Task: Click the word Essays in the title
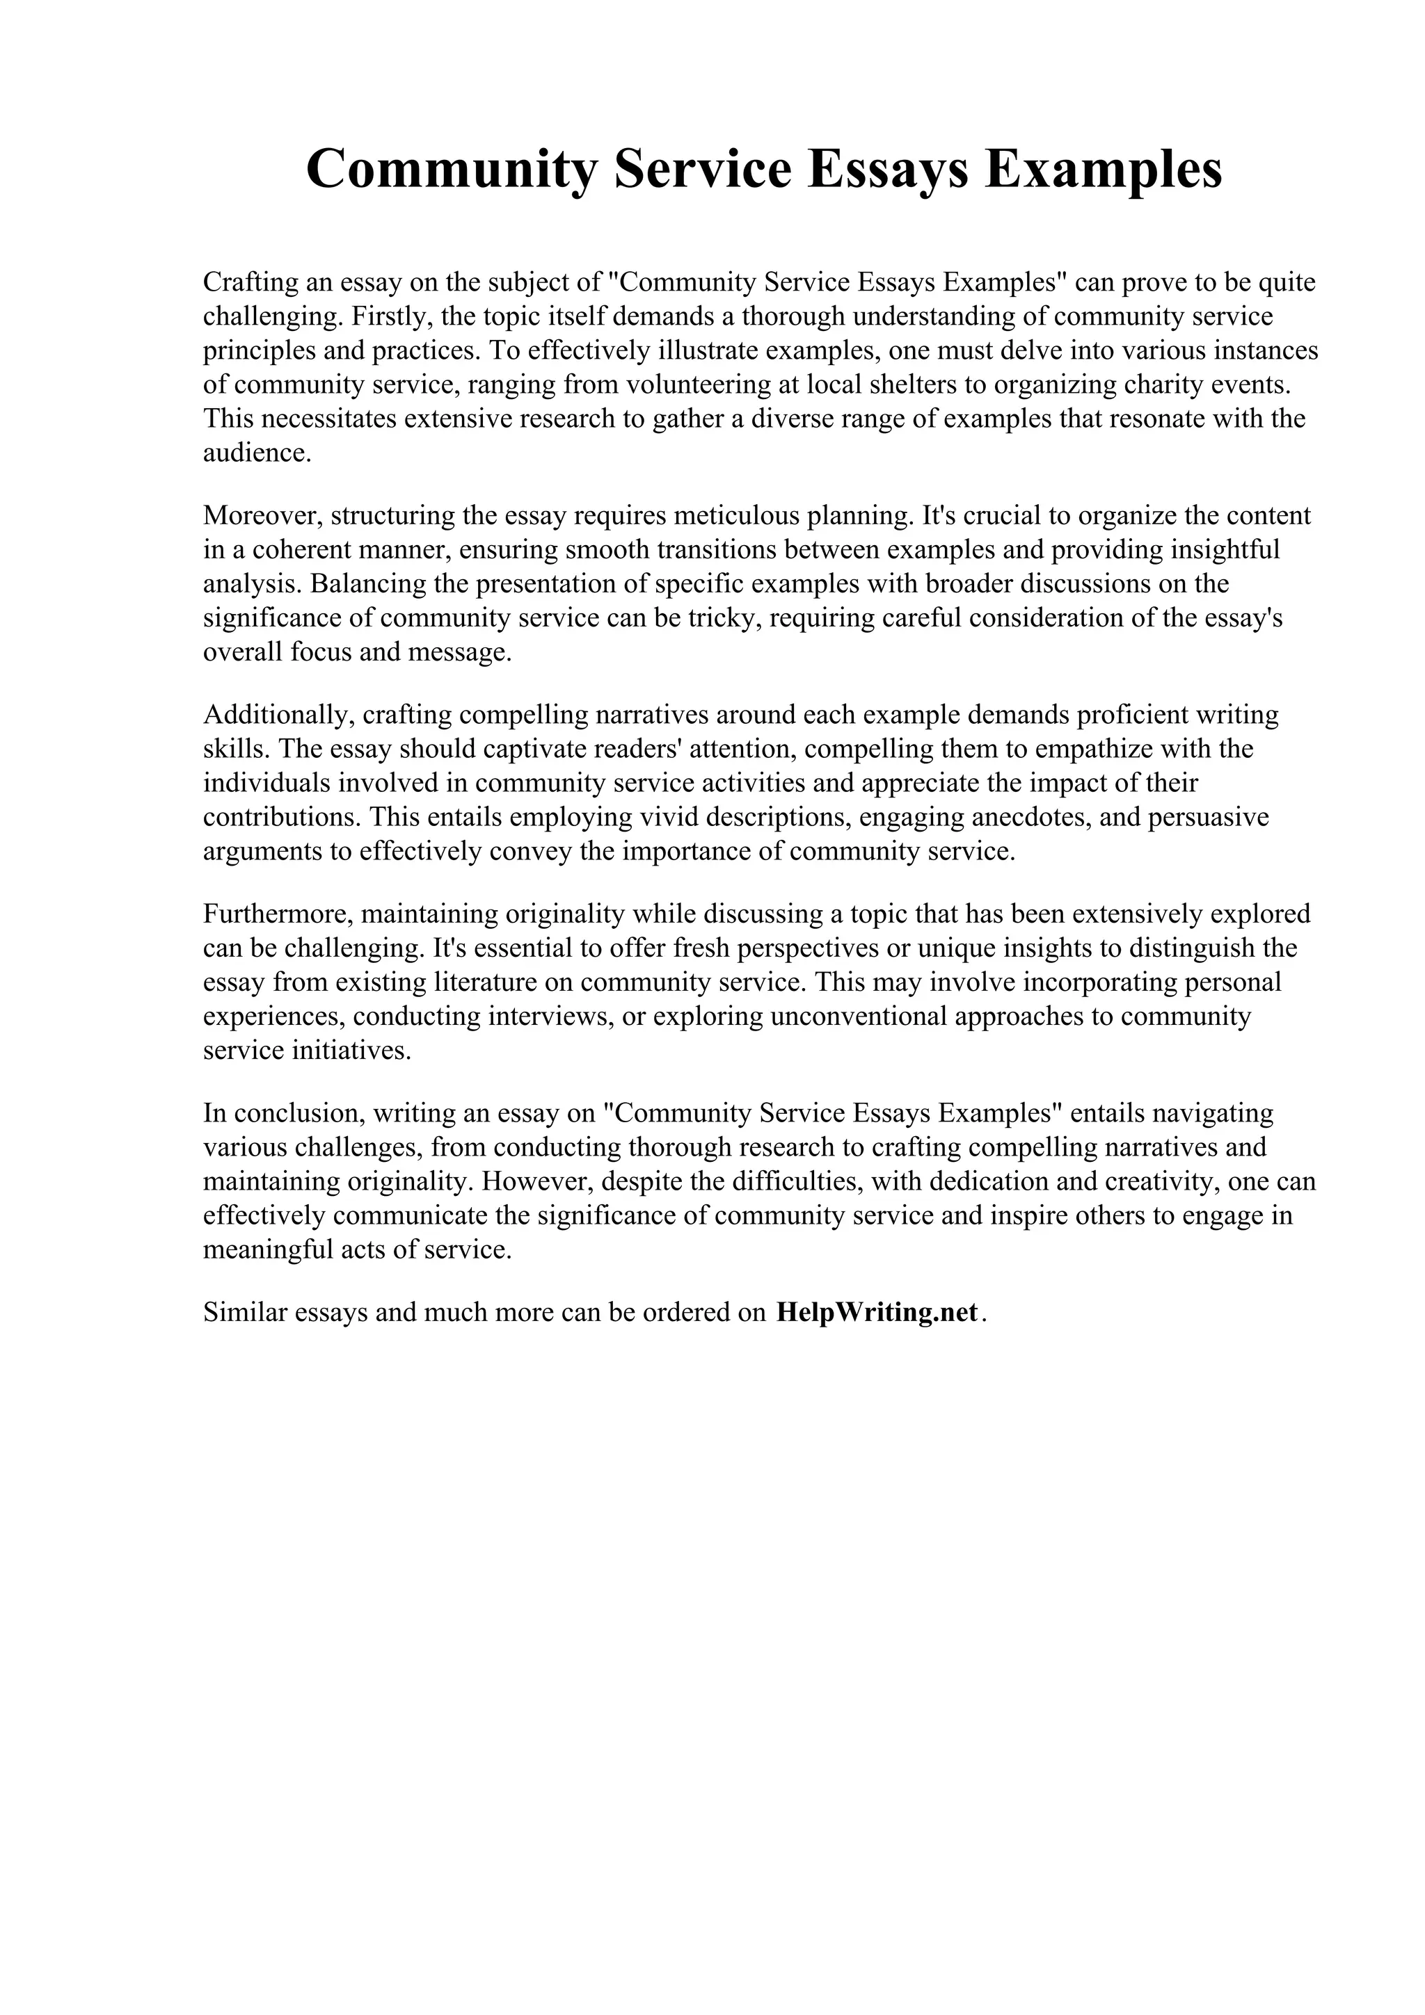coord(888,170)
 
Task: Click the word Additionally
coord(279,714)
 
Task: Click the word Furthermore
coord(278,914)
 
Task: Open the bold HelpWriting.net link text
coord(877,1312)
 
